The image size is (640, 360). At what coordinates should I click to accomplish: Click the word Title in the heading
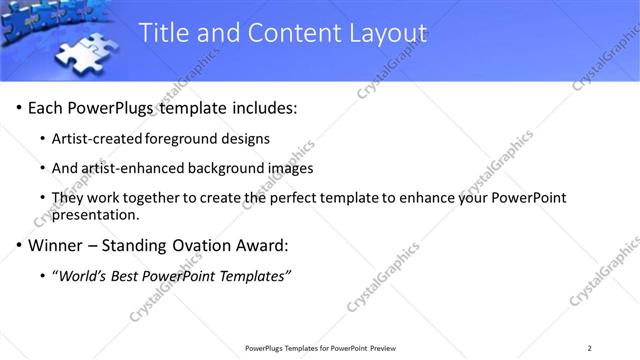[x=163, y=33]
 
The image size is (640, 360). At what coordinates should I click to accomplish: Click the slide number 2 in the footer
[x=590, y=348]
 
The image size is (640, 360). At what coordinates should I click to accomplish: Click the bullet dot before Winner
[x=19, y=246]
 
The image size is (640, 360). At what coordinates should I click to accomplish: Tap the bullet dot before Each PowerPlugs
[x=19, y=108]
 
